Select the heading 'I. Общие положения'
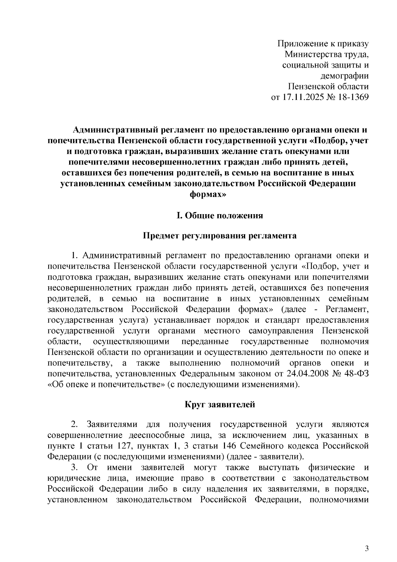coord(219,216)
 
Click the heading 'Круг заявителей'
coord(219,404)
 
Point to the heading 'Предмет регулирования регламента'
coord(219,236)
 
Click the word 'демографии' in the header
coord(345,76)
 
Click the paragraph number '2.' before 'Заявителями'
coord(74,424)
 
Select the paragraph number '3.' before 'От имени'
coord(74,467)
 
